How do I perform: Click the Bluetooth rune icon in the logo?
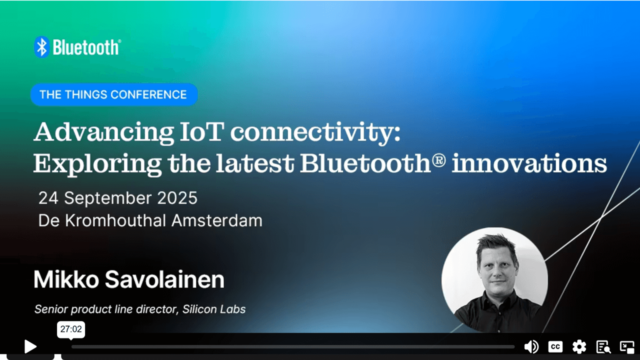click(42, 47)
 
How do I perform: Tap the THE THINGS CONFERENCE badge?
click(113, 94)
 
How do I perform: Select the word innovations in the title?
click(529, 163)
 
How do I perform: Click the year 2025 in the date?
click(177, 198)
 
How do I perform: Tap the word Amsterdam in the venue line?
click(216, 220)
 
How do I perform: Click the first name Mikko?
click(65, 280)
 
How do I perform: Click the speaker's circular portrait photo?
click(494, 280)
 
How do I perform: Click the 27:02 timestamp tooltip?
click(71, 329)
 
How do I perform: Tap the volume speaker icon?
click(531, 346)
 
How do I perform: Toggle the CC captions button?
click(555, 346)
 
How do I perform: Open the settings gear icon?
click(579, 346)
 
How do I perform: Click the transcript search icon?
click(603, 346)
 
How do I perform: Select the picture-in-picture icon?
click(627, 346)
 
